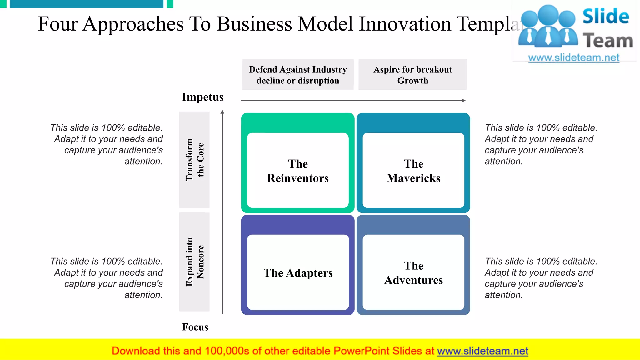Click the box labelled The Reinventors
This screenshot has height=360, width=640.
pyautogui.click(x=298, y=171)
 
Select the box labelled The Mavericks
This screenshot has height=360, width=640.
pyautogui.click(x=413, y=171)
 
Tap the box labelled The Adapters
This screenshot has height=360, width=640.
pyautogui.click(x=298, y=272)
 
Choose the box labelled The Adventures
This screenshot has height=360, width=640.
pyautogui.click(x=413, y=272)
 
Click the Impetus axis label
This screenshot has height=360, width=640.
pyautogui.click(x=203, y=97)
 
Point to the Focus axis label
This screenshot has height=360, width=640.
pyautogui.click(x=195, y=327)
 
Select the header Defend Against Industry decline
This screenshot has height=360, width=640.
pyautogui.click(x=298, y=75)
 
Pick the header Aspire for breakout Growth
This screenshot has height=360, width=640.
pyautogui.click(x=412, y=75)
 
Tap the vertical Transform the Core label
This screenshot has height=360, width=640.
pyautogui.click(x=194, y=160)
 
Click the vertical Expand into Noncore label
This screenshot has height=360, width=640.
pyautogui.click(x=194, y=262)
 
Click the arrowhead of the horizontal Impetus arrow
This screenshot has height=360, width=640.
pyautogui.click(x=464, y=100)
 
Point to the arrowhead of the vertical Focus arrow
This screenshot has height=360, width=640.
pyautogui.click(x=222, y=112)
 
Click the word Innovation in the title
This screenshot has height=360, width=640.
pyautogui.click(x=405, y=24)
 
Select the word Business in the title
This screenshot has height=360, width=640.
pyautogui.click(x=254, y=24)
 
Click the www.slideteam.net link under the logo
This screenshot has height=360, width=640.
pyautogui.click(x=574, y=57)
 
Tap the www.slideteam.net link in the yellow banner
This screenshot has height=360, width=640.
pyautogui.click(x=482, y=351)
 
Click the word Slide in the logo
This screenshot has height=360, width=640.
pyautogui.click(x=606, y=16)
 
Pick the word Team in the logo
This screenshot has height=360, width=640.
pyautogui.click(x=608, y=41)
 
